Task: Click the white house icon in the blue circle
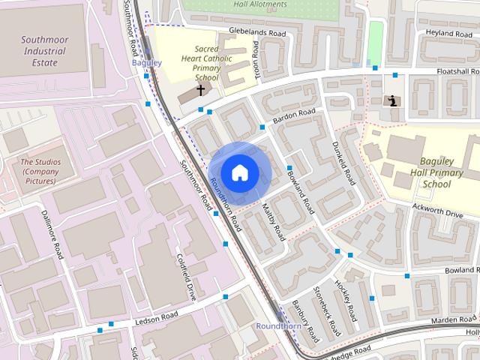tap(239, 172)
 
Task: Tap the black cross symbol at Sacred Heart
tap(200, 90)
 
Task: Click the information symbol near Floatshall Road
tap(391, 100)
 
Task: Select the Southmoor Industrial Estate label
tap(44, 52)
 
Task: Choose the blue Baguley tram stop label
tap(146, 63)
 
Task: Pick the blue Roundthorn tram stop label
tap(278, 326)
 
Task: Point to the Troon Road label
tap(256, 58)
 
